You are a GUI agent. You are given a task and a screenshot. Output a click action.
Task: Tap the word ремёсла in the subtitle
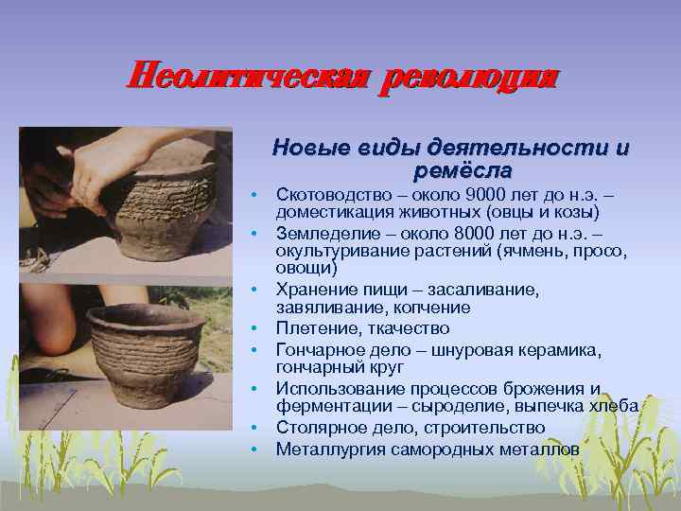coord(463,171)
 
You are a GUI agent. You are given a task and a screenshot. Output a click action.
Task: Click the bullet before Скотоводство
coord(255,194)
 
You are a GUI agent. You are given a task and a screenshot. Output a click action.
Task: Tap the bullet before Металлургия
coord(255,449)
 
